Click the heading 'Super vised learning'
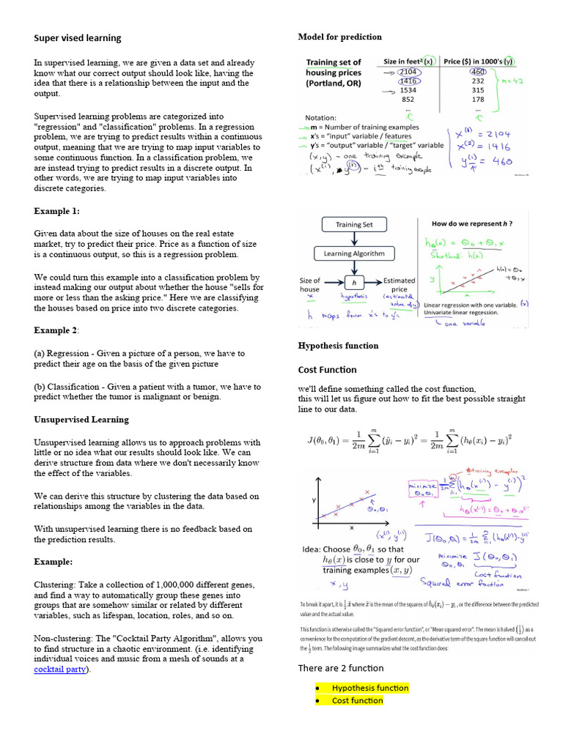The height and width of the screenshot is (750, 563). point(78,38)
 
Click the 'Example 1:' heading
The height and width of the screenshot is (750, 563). point(56,211)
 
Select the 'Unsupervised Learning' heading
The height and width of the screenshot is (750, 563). point(81,420)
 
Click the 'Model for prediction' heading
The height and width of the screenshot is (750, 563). point(339,37)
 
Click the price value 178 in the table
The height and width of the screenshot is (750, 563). point(478,99)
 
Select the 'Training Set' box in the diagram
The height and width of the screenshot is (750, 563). point(354,225)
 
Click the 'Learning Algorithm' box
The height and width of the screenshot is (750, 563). point(354,253)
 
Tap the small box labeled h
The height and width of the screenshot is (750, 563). point(354,282)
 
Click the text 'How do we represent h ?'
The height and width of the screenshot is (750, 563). point(471,223)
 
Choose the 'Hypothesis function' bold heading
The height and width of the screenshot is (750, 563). point(338,346)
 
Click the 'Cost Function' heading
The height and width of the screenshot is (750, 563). point(327,370)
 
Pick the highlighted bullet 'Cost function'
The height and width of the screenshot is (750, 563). point(357,701)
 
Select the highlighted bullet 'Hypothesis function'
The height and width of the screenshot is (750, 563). point(369,688)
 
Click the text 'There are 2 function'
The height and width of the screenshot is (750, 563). point(340,668)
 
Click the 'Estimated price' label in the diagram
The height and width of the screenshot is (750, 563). point(399,285)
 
